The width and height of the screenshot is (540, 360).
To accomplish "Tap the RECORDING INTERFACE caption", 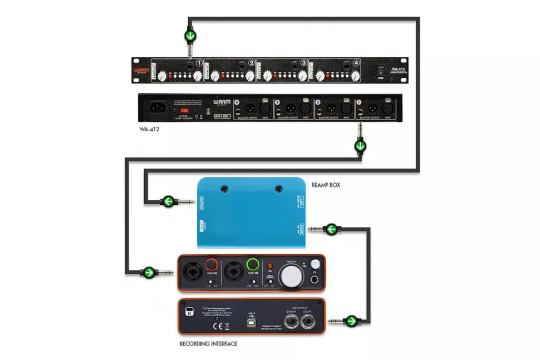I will (208, 344).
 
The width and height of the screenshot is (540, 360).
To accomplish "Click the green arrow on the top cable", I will (190, 37).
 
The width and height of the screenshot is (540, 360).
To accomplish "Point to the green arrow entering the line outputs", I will (351, 320).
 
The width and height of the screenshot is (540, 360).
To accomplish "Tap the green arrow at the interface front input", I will (148, 273).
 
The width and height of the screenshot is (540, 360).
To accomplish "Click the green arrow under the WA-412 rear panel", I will (361, 147).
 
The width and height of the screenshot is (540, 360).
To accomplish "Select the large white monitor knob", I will (292, 274).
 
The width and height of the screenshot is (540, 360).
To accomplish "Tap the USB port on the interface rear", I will (252, 324).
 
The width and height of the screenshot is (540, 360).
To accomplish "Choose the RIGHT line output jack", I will (289, 322).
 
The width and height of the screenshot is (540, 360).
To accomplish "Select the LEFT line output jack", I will (307, 322).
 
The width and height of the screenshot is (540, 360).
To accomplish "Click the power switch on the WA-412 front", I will (381, 70).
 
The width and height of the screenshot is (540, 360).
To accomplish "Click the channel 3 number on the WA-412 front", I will (303, 63).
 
